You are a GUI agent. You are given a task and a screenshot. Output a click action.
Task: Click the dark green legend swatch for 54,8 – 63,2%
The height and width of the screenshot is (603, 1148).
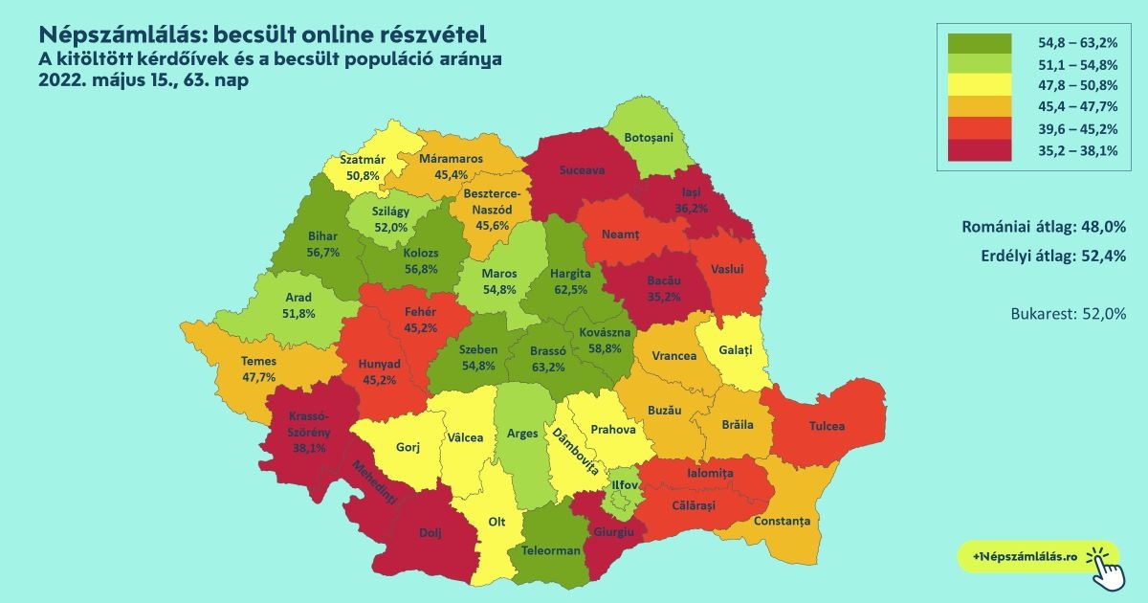pyautogui.click(x=980, y=43)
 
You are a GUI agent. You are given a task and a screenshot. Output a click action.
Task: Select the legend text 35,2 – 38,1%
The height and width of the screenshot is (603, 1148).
pyautogui.click(x=1079, y=148)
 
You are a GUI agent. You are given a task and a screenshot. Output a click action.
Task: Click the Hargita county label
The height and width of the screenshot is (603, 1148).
pyautogui.click(x=572, y=274)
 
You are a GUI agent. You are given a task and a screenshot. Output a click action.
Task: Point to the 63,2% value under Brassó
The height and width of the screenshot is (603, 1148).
pyautogui.click(x=547, y=366)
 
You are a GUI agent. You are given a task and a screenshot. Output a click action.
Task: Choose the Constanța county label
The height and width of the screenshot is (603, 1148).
pyautogui.click(x=782, y=521)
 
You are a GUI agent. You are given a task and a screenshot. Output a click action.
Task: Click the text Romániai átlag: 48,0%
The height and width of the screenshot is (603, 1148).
pyautogui.click(x=1043, y=227)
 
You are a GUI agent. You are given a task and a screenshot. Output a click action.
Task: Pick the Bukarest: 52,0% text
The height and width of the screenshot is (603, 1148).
pyautogui.click(x=1068, y=313)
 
